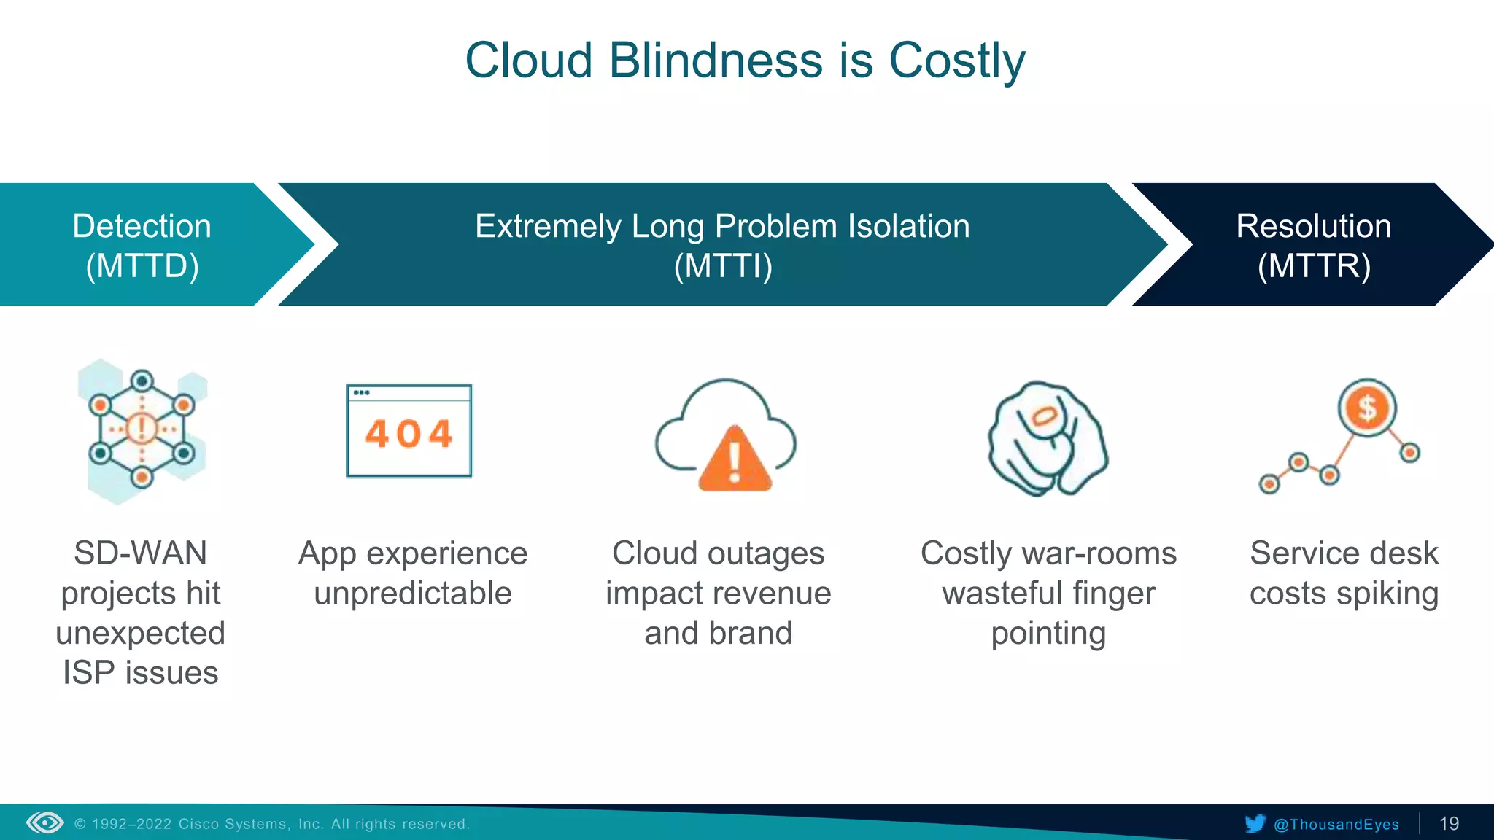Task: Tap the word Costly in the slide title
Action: click(956, 61)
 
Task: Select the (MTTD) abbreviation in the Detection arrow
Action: click(142, 266)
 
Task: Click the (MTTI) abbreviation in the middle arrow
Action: click(723, 266)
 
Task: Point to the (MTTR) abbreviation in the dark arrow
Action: click(1314, 266)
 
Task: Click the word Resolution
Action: click(1313, 226)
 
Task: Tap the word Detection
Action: click(142, 226)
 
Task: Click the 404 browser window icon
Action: click(409, 431)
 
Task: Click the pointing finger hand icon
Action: click(1048, 439)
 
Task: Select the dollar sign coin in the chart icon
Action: click(1367, 408)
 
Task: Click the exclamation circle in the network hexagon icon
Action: click(142, 428)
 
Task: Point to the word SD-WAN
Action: click(141, 553)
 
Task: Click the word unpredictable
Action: click(413, 594)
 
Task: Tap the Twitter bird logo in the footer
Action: click(1255, 824)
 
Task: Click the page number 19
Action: click(1449, 824)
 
